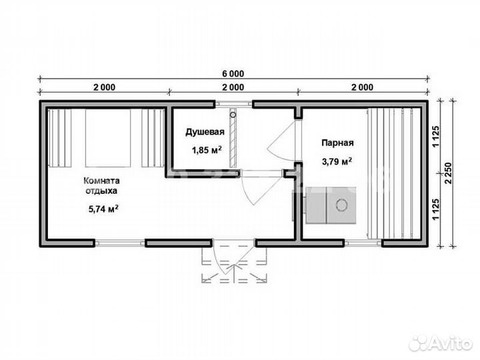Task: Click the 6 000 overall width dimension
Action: (x=233, y=74)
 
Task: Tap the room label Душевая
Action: (x=205, y=132)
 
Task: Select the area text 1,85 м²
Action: (x=207, y=150)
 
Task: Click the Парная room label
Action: (x=337, y=143)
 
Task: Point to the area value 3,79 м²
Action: (x=337, y=161)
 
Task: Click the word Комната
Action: (x=101, y=181)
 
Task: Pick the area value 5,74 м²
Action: (x=103, y=209)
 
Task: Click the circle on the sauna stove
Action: (x=341, y=204)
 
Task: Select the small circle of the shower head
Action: (x=233, y=115)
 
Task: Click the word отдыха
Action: (x=101, y=191)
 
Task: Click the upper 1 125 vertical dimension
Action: (x=436, y=136)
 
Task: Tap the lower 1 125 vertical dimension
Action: (x=436, y=209)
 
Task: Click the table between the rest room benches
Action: (x=108, y=138)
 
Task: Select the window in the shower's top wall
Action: (x=234, y=104)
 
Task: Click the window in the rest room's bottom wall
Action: (x=119, y=243)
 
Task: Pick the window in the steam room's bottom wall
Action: (x=363, y=243)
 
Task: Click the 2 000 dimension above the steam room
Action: (x=362, y=87)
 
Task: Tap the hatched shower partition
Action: (x=233, y=138)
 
